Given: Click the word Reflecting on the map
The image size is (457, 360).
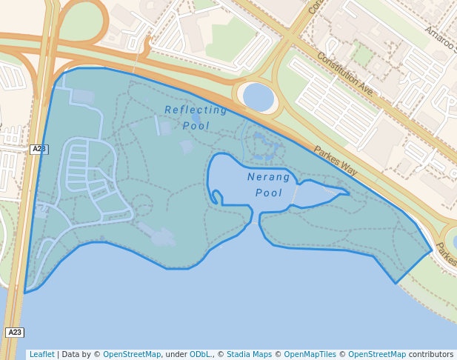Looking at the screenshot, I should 196,110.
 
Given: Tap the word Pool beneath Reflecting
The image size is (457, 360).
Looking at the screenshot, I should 196,126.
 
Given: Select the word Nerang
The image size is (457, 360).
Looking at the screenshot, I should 269,177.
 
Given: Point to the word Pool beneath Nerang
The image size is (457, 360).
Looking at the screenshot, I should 269,193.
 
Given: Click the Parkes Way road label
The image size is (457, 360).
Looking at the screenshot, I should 336,161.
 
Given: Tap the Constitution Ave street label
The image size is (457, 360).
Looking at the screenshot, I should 345,73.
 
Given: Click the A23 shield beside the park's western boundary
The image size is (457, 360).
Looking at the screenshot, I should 39,149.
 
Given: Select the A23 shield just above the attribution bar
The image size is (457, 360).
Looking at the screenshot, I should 14,333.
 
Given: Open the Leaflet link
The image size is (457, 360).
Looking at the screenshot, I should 41,355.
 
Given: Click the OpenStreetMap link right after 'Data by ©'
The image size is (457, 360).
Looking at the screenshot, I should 132,355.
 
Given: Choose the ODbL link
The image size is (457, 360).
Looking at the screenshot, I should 200,355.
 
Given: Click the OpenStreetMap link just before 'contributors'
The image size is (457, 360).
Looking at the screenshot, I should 377,355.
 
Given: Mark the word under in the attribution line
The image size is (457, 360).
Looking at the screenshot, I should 176,355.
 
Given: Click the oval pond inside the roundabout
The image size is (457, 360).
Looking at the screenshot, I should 258,97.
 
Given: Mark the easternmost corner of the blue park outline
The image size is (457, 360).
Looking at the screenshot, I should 431,251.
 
